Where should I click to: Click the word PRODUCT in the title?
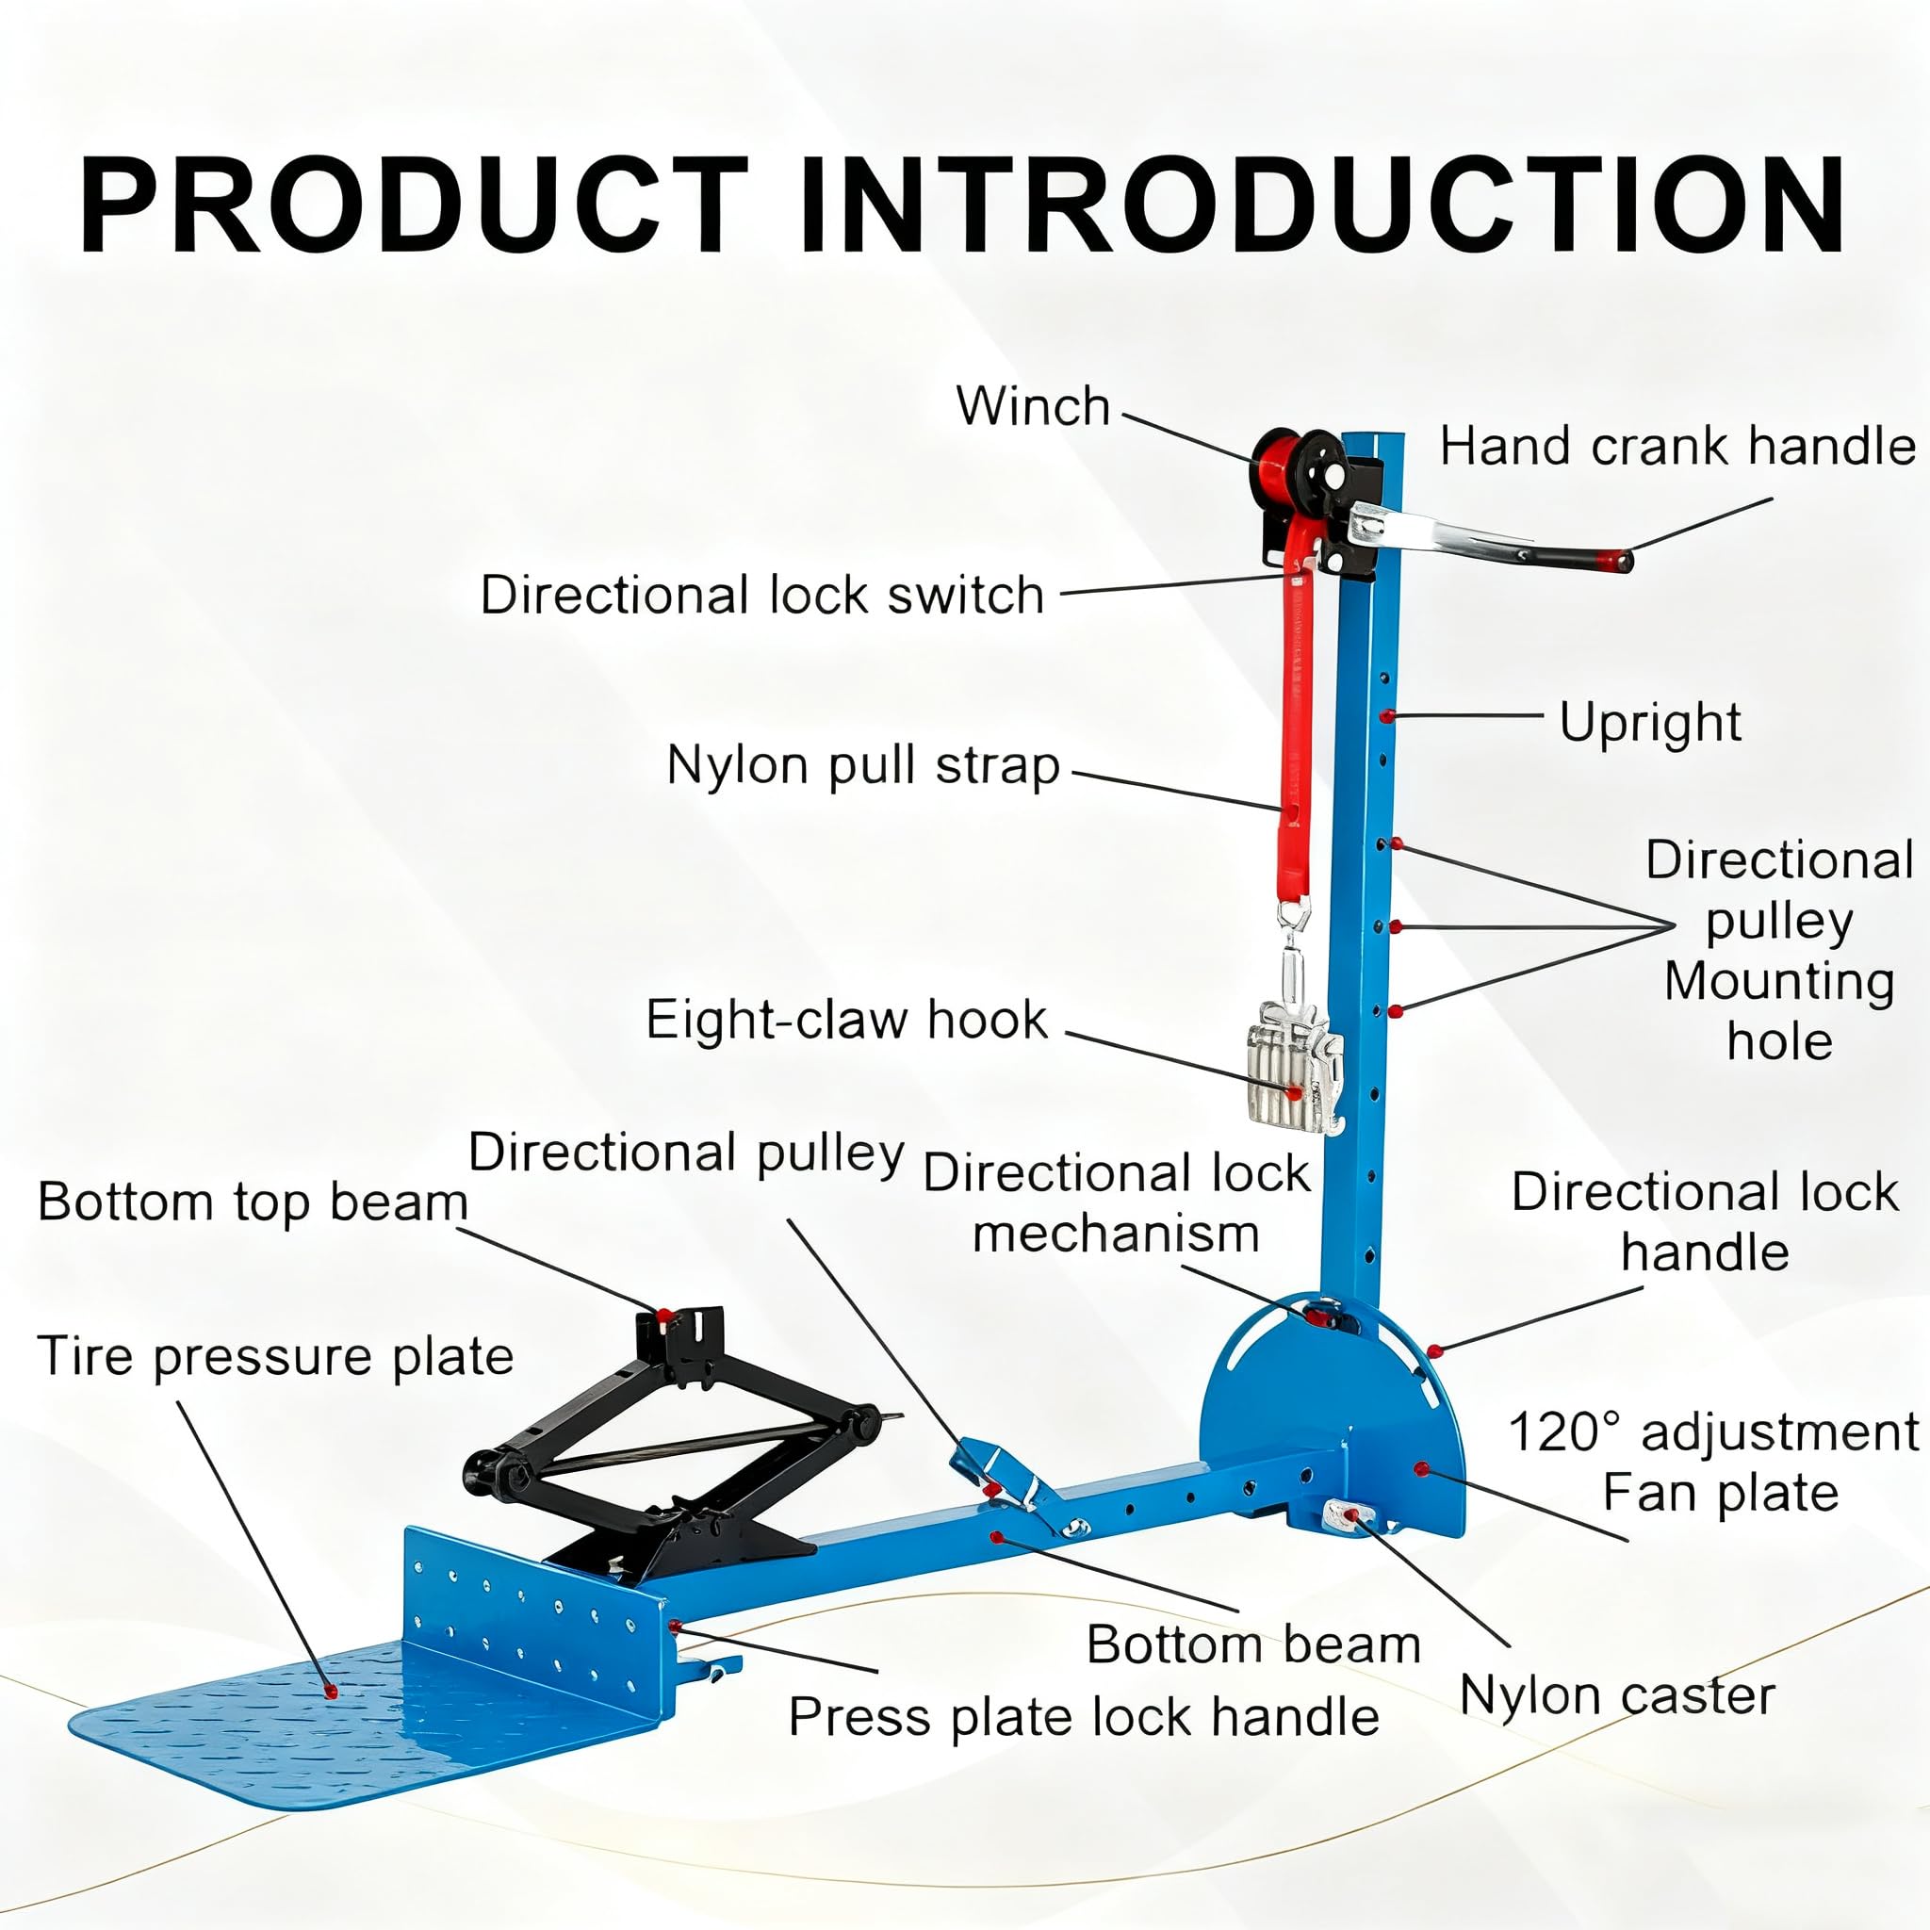414,206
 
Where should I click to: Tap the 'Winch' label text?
1033,406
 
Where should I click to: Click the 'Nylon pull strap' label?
863,767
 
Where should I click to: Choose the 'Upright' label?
1650,722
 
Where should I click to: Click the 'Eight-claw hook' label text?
847,1020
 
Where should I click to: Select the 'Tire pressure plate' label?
276,1358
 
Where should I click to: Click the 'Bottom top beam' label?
253,1202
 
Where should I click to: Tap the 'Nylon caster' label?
1617,1695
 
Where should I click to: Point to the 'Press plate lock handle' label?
1084,1717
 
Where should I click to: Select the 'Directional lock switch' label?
762,596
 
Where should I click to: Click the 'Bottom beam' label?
1253,1644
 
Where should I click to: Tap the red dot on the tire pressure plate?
329,1691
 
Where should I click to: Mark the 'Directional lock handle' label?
1704,1220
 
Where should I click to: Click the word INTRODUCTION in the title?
1322,206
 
